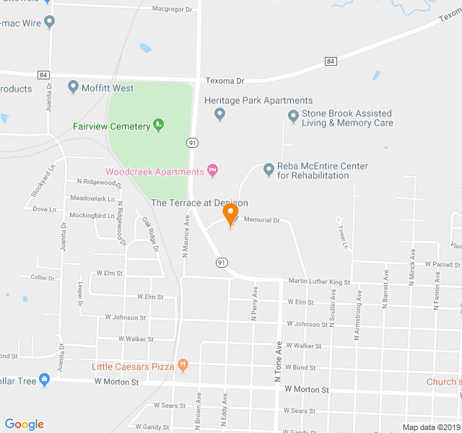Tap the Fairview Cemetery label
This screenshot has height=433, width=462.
pyautogui.click(x=110, y=126)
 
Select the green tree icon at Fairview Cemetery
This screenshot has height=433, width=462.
pyautogui.click(x=159, y=126)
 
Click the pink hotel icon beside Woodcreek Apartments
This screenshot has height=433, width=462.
pyautogui.click(x=212, y=170)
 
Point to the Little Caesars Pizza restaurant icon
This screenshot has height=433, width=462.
pyautogui.click(x=183, y=366)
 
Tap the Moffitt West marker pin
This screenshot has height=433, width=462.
pyautogui.click(x=73, y=88)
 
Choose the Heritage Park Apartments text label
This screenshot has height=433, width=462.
pyautogui.click(x=258, y=100)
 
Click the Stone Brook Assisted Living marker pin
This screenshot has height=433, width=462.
pyautogui.click(x=293, y=115)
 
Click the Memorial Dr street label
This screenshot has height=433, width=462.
pyautogui.click(x=261, y=219)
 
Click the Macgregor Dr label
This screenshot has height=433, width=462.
pyautogui.click(x=173, y=9)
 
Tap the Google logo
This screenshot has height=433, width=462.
pyautogui.click(x=24, y=424)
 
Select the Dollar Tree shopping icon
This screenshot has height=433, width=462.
pyautogui.click(x=44, y=380)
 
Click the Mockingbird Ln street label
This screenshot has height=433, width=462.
pyautogui.click(x=92, y=215)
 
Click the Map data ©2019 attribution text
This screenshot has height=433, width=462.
pyautogui.click(x=430, y=427)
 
